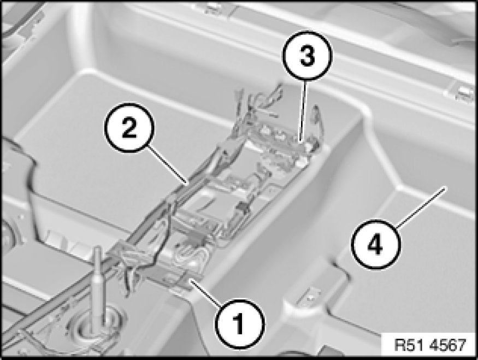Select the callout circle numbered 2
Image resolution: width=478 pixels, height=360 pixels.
point(129,128)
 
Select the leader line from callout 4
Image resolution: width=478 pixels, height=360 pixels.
point(421,207)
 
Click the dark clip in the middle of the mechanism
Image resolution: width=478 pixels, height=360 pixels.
point(243,208)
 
